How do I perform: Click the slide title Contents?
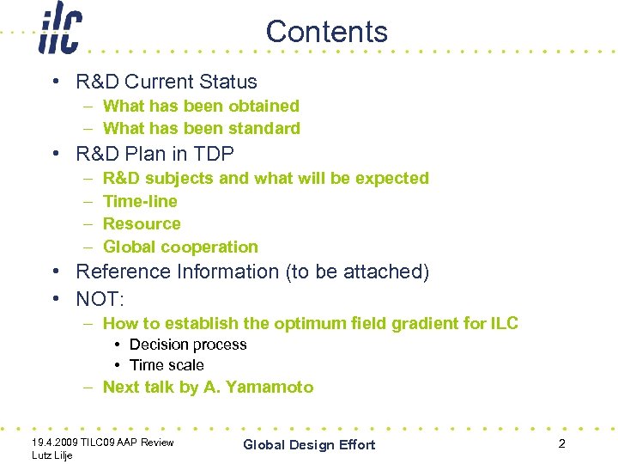(x=326, y=32)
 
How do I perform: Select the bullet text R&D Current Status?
(x=167, y=82)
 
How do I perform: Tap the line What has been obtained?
(x=201, y=106)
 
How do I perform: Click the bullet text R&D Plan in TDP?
(x=154, y=154)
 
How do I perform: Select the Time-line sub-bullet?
(x=140, y=201)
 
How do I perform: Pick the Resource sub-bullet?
(x=142, y=224)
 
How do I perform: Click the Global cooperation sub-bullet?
(x=180, y=247)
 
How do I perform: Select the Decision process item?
(x=188, y=345)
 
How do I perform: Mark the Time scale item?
(x=167, y=365)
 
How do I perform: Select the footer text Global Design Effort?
(x=309, y=444)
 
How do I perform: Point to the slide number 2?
(x=561, y=443)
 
